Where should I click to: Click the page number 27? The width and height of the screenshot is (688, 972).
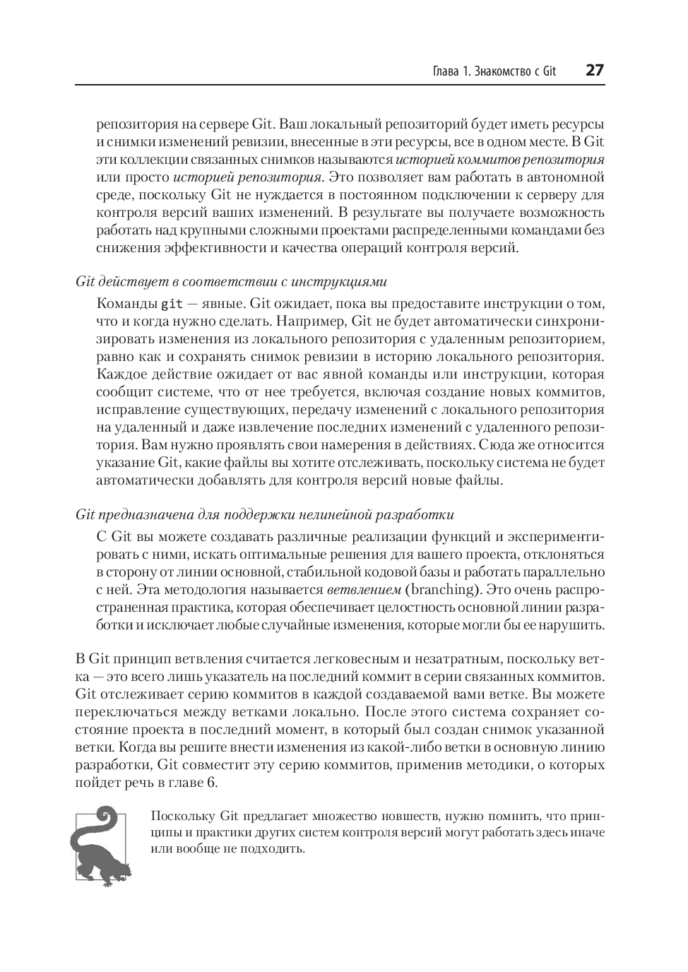tap(595, 71)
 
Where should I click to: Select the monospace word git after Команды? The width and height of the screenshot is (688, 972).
tap(172, 304)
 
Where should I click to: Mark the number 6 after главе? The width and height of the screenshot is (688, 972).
tap(213, 783)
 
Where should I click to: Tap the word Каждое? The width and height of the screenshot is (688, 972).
tap(121, 374)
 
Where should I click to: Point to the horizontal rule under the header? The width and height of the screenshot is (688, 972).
tap(340, 85)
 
